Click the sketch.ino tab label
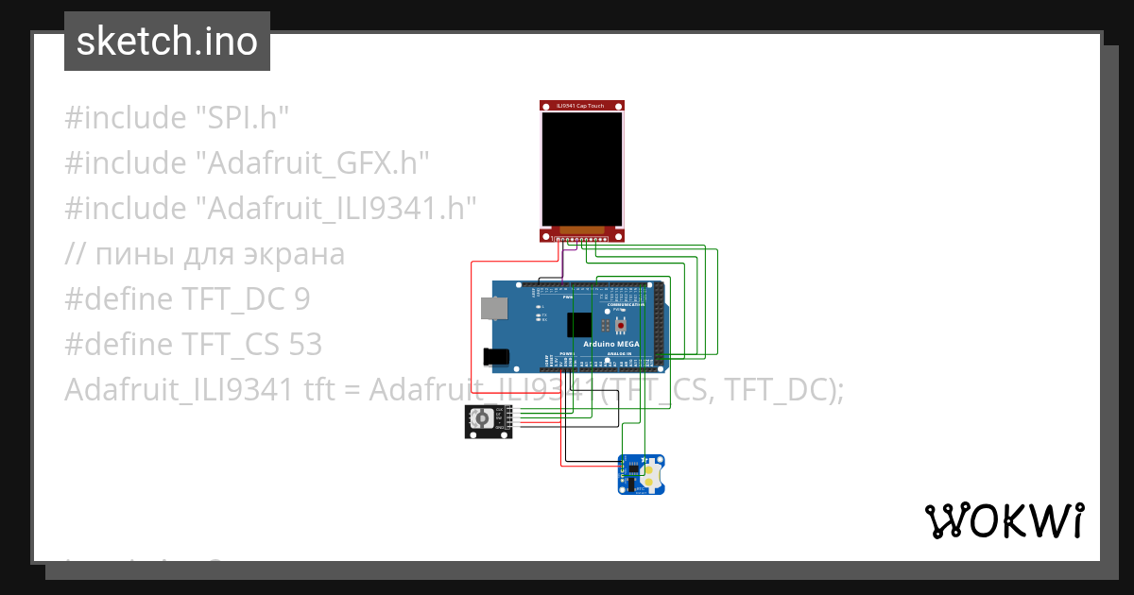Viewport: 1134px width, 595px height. point(167,42)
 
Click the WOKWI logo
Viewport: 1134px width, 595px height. point(1004,520)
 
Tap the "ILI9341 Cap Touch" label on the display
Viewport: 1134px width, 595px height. point(581,106)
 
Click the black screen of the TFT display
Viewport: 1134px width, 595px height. point(581,168)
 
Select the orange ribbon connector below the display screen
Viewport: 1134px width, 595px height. point(580,229)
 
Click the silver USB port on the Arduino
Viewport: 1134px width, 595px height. point(491,308)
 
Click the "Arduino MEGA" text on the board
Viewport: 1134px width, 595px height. point(612,344)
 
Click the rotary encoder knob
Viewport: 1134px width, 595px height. point(482,418)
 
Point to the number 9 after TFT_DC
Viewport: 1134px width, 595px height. point(301,299)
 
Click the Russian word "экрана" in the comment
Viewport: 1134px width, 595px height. point(298,254)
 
